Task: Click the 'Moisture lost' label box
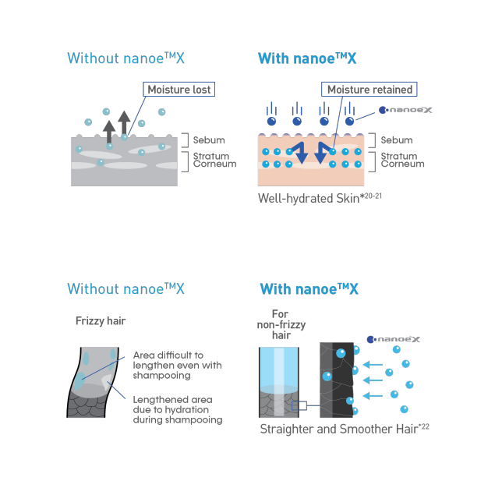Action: point(180,90)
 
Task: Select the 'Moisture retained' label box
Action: point(369,90)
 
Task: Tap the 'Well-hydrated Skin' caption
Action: point(320,199)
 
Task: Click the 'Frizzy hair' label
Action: point(101,320)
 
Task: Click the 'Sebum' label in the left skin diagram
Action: point(208,140)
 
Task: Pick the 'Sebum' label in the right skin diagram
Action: point(397,140)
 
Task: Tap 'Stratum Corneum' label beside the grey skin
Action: point(210,161)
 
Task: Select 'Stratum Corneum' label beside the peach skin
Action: point(402,161)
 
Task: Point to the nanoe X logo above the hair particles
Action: point(393,340)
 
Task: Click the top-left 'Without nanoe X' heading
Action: point(126,58)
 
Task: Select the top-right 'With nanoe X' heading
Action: point(307,58)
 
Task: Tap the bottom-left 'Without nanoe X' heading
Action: point(126,289)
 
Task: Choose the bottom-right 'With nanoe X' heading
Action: point(309,289)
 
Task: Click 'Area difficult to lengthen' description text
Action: point(177,365)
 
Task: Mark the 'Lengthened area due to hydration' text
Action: point(177,410)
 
